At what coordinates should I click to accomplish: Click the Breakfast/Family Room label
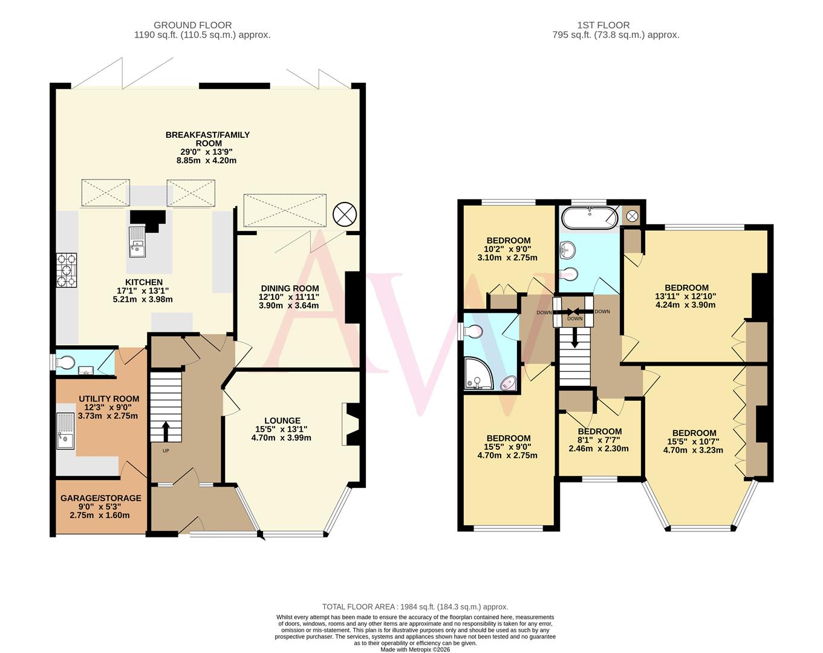pyautogui.click(x=207, y=138)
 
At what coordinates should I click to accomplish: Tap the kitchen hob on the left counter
pyautogui.click(x=67, y=269)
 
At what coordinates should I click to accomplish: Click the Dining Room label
pyautogui.click(x=290, y=288)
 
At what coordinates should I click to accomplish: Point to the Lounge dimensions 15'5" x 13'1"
pyautogui.click(x=281, y=438)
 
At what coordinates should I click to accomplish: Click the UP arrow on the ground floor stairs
pyautogui.click(x=166, y=431)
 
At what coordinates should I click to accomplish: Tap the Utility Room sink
pyautogui.click(x=65, y=431)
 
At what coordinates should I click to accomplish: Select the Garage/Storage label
pyautogui.click(x=100, y=498)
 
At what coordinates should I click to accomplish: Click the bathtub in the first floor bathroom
pyautogui.click(x=590, y=218)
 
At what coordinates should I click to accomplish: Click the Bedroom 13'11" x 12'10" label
pyautogui.click(x=686, y=288)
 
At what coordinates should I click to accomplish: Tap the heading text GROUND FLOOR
pyautogui.click(x=192, y=25)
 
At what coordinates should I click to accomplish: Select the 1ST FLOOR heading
pyautogui.click(x=603, y=25)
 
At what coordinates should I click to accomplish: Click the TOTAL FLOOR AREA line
pyautogui.click(x=415, y=606)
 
